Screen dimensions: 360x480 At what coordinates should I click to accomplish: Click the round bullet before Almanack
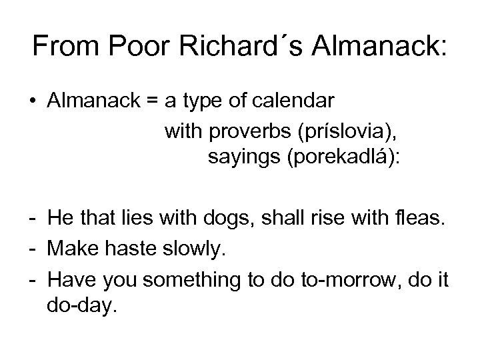click(x=33, y=101)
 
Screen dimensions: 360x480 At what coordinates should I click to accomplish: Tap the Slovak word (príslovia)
click(x=338, y=130)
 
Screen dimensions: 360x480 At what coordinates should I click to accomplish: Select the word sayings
click(x=241, y=159)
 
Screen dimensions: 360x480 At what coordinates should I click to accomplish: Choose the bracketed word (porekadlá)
click(x=343, y=159)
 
